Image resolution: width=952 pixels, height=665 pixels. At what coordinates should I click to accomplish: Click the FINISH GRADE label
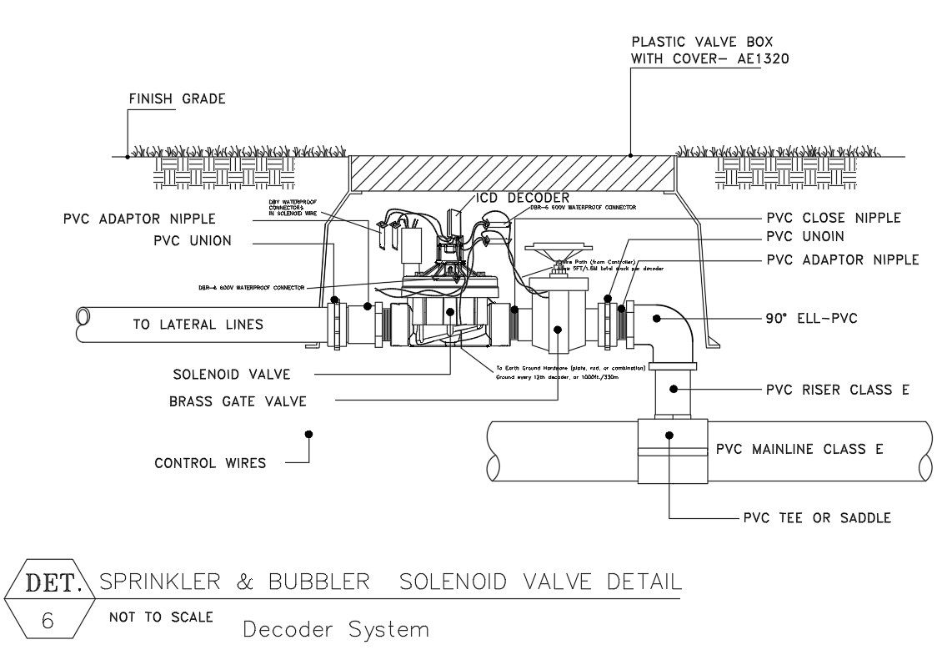click(177, 99)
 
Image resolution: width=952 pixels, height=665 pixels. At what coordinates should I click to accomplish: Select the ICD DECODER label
click(522, 198)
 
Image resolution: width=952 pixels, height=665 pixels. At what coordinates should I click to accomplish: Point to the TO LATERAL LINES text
click(198, 325)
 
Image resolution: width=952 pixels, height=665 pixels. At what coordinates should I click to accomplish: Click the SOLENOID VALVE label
click(232, 375)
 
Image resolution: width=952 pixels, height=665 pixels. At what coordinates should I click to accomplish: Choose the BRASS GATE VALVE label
click(238, 401)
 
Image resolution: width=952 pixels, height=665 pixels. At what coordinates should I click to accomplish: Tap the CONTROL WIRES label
click(210, 463)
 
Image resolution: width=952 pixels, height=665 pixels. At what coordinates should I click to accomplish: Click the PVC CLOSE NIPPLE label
click(834, 219)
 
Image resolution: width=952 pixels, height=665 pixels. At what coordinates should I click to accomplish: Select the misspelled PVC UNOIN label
click(804, 238)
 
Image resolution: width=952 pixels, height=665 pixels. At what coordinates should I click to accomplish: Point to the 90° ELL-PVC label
click(811, 318)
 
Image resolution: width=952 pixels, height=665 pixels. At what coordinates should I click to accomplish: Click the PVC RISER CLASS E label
click(837, 390)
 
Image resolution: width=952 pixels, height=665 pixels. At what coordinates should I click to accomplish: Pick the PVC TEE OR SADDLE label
click(817, 518)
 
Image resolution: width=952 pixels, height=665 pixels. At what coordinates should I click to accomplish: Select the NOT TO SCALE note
click(160, 617)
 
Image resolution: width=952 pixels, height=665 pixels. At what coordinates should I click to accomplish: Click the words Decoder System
click(335, 629)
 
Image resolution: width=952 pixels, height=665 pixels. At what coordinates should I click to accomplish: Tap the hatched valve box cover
click(512, 174)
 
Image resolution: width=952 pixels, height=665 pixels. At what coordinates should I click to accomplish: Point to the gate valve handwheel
click(556, 250)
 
